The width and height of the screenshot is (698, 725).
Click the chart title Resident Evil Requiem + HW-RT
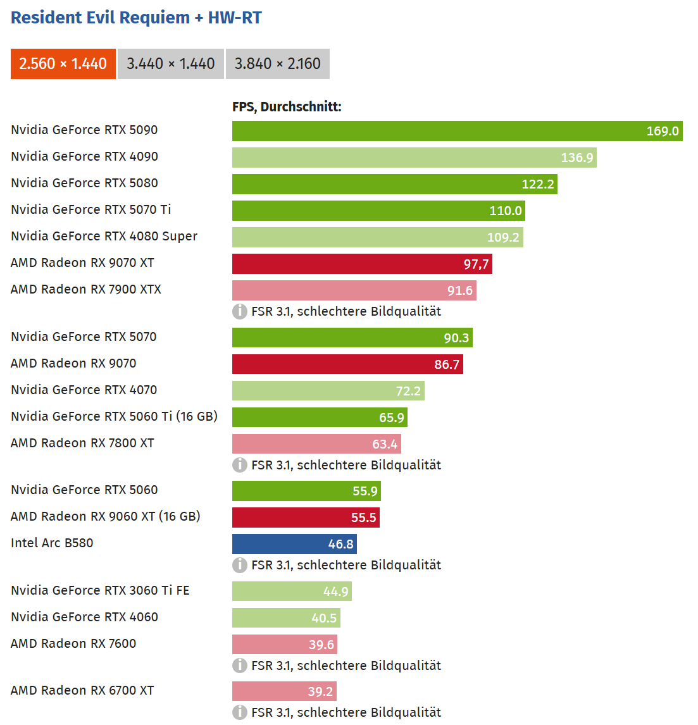(x=136, y=18)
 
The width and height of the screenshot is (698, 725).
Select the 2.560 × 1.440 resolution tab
(x=63, y=64)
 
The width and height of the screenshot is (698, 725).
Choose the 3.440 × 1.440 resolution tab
(x=171, y=64)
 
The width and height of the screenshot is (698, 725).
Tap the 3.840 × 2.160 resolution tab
(x=278, y=64)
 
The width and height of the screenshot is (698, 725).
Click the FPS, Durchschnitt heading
(x=287, y=107)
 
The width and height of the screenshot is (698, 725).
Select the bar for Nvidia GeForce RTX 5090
(x=457, y=131)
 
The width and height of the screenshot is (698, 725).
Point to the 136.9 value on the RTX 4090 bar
(x=576, y=158)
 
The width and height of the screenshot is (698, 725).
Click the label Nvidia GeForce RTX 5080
(x=84, y=183)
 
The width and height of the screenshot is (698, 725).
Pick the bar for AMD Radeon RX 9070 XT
(x=362, y=264)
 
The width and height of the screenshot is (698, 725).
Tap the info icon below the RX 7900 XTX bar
(x=240, y=311)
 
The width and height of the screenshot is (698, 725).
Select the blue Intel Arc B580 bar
(x=294, y=544)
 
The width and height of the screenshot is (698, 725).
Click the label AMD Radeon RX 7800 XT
(x=82, y=443)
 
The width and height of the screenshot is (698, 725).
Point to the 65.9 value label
(x=391, y=418)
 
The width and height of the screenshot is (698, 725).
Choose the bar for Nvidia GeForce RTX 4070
(x=328, y=391)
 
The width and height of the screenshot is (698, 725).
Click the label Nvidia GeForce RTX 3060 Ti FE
(x=100, y=590)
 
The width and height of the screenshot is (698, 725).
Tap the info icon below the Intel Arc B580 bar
(x=240, y=565)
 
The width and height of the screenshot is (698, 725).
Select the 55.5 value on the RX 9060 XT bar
(x=363, y=517)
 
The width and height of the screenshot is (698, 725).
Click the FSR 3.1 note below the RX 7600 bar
(x=346, y=666)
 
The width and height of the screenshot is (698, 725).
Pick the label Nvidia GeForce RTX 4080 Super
(x=104, y=236)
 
